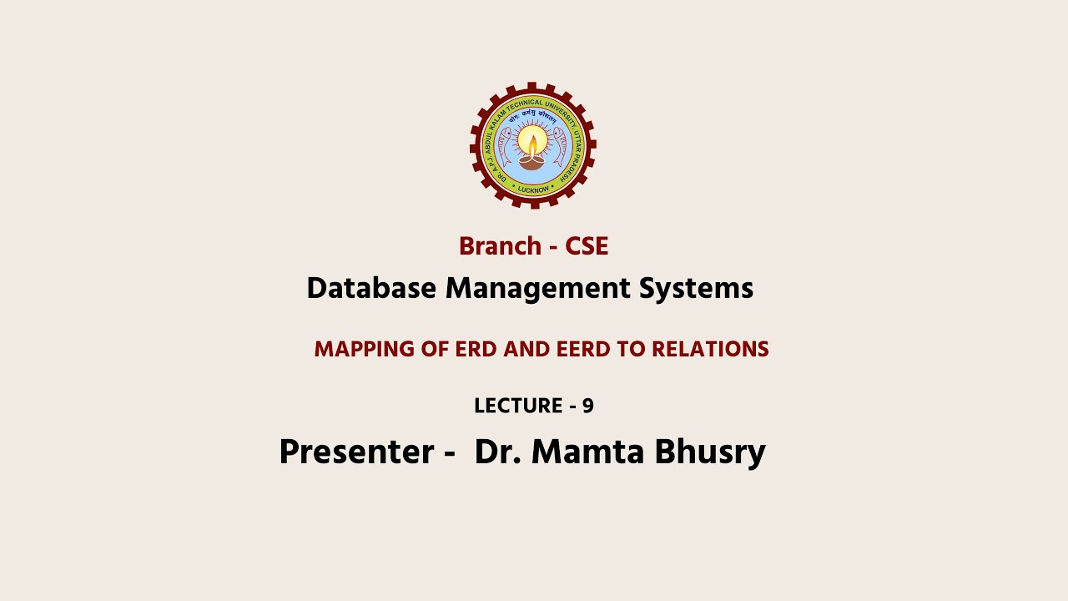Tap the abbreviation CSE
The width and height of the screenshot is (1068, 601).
coord(587,246)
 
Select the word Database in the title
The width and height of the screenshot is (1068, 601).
coord(371,289)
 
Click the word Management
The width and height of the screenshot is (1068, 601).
coord(537,289)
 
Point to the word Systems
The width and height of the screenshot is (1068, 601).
coord(696,289)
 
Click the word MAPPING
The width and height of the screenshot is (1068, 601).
coord(364,350)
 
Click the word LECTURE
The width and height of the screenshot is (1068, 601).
coord(517,407)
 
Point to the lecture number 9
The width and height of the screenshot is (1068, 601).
coord(588,407)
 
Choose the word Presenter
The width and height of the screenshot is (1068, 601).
coord(356,452)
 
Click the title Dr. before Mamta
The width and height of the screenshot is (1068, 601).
coord(498,452)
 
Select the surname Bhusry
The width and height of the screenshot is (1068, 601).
coord(710,452)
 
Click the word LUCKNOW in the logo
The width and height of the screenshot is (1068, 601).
coord(533,189)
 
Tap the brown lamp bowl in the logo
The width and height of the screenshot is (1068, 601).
coord(532,163)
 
